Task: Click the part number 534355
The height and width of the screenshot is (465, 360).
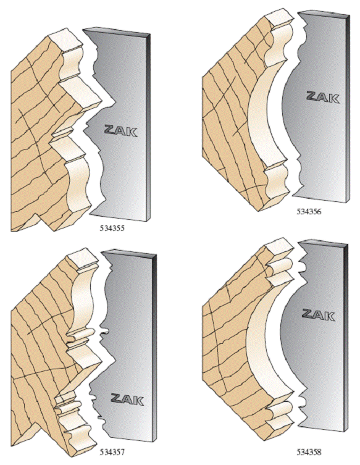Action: (x=112, y=228)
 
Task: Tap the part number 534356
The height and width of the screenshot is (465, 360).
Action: (x=309, y=212)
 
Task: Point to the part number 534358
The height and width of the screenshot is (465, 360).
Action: (x=309, y=452)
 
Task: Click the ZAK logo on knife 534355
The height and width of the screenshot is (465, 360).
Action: (x=120, y=131)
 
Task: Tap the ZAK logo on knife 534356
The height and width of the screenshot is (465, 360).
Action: (x=322, y=97)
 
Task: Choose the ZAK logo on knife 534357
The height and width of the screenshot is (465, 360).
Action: (x=127, y=400)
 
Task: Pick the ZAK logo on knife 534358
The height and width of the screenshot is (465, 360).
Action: (x=318, y=315)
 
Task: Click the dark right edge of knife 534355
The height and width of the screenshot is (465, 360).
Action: (x=148, y=127)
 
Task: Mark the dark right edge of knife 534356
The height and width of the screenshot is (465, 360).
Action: (x=348, y=108)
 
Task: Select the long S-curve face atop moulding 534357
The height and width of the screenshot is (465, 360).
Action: (x=83, y=300)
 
